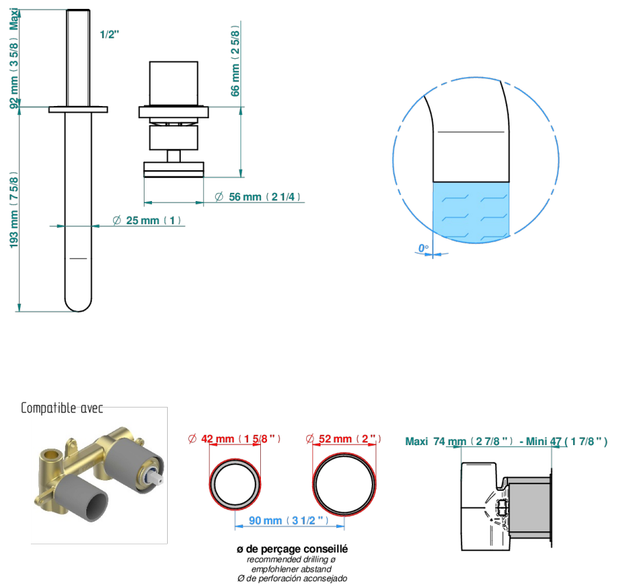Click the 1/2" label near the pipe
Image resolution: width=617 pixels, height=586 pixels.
pyautogui.click(x=110, y=35)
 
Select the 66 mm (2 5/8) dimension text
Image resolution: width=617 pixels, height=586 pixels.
pyautogui.click(x=236, y=61)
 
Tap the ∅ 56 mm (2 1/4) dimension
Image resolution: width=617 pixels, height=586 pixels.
pyautogui.click(x=257, y=197)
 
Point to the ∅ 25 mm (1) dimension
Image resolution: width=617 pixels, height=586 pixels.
pyautogui.click(x=147, y=220)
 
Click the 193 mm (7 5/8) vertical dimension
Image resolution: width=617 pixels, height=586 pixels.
pyautogui.click(x=14, y=210)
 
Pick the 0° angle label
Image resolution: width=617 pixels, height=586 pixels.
pyautogui.click(x=423, y=248)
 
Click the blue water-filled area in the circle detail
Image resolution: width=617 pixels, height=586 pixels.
pyautogui.click(x=471, y=211)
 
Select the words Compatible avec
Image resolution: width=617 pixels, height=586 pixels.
pyautogui.click(x=62, y=408)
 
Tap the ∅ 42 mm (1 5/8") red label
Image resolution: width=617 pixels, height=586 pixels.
pyautogui.click(x=234, y=438)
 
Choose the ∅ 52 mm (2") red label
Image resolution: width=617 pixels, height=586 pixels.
pyautogui.click(x=344, y=438)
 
